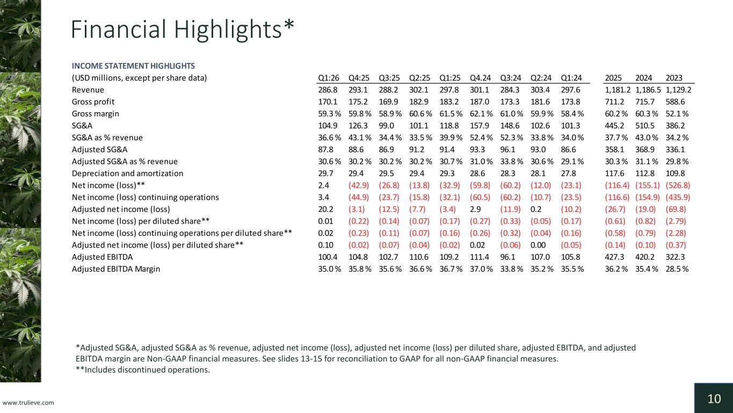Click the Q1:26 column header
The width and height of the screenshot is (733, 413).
point(329,78)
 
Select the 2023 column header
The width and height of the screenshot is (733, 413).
point(674,78)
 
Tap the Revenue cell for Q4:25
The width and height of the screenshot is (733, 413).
point(358,90)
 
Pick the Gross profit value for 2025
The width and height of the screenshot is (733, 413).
point(614,102)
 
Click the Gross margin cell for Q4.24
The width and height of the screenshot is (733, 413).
point(481,114)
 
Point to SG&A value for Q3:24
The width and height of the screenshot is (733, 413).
point(510,125)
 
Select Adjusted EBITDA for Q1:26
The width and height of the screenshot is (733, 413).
point(328,257)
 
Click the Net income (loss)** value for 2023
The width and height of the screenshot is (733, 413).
point(678,186)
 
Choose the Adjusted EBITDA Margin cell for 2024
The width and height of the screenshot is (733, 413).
point(647,269)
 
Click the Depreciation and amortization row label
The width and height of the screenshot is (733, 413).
point(127,173)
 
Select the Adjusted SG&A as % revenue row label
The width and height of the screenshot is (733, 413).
point(125,161)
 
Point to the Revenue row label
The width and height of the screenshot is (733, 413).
point(88,90)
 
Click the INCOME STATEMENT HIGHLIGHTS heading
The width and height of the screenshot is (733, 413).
point(133,66)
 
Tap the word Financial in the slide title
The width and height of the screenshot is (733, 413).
point(119,29)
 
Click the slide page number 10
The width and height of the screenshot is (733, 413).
point(714,399)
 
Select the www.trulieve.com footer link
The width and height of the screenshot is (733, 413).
point(28,403)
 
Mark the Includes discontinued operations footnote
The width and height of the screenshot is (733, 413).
point(143,370)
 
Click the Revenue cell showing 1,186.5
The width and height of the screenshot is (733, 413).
point(648,90)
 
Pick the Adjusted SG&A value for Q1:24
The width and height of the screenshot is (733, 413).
point(568,149)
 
